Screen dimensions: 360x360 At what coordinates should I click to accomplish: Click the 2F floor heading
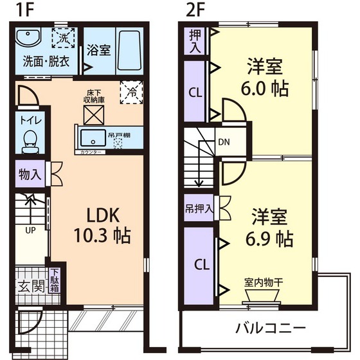194,10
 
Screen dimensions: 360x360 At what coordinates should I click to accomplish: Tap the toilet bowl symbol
28,139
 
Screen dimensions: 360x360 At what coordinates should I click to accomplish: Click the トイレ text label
28,120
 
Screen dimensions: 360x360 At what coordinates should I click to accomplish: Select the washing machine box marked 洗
64,38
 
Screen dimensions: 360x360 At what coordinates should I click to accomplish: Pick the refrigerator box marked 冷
131,93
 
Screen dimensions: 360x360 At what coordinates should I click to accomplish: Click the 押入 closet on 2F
195,40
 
